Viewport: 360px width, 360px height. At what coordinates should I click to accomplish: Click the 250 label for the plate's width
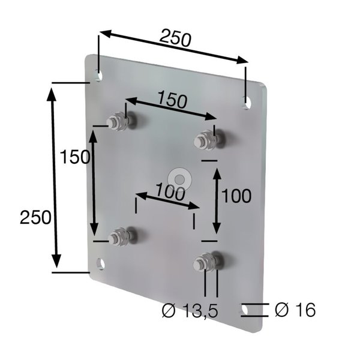[x=175, y=38]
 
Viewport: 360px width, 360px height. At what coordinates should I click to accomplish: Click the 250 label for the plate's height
[x=35, y=217]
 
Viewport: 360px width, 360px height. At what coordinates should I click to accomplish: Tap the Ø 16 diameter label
[x=295, y=310]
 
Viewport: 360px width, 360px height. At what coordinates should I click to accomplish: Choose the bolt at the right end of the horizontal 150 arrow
[x=205, y=141]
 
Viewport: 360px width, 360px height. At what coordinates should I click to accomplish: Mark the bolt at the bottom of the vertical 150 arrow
[x=120, y=238]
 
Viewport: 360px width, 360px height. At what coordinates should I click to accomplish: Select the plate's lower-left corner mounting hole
[x=101, y=264]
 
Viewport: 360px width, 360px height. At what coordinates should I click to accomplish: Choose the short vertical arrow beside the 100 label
[x=217, y=201]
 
